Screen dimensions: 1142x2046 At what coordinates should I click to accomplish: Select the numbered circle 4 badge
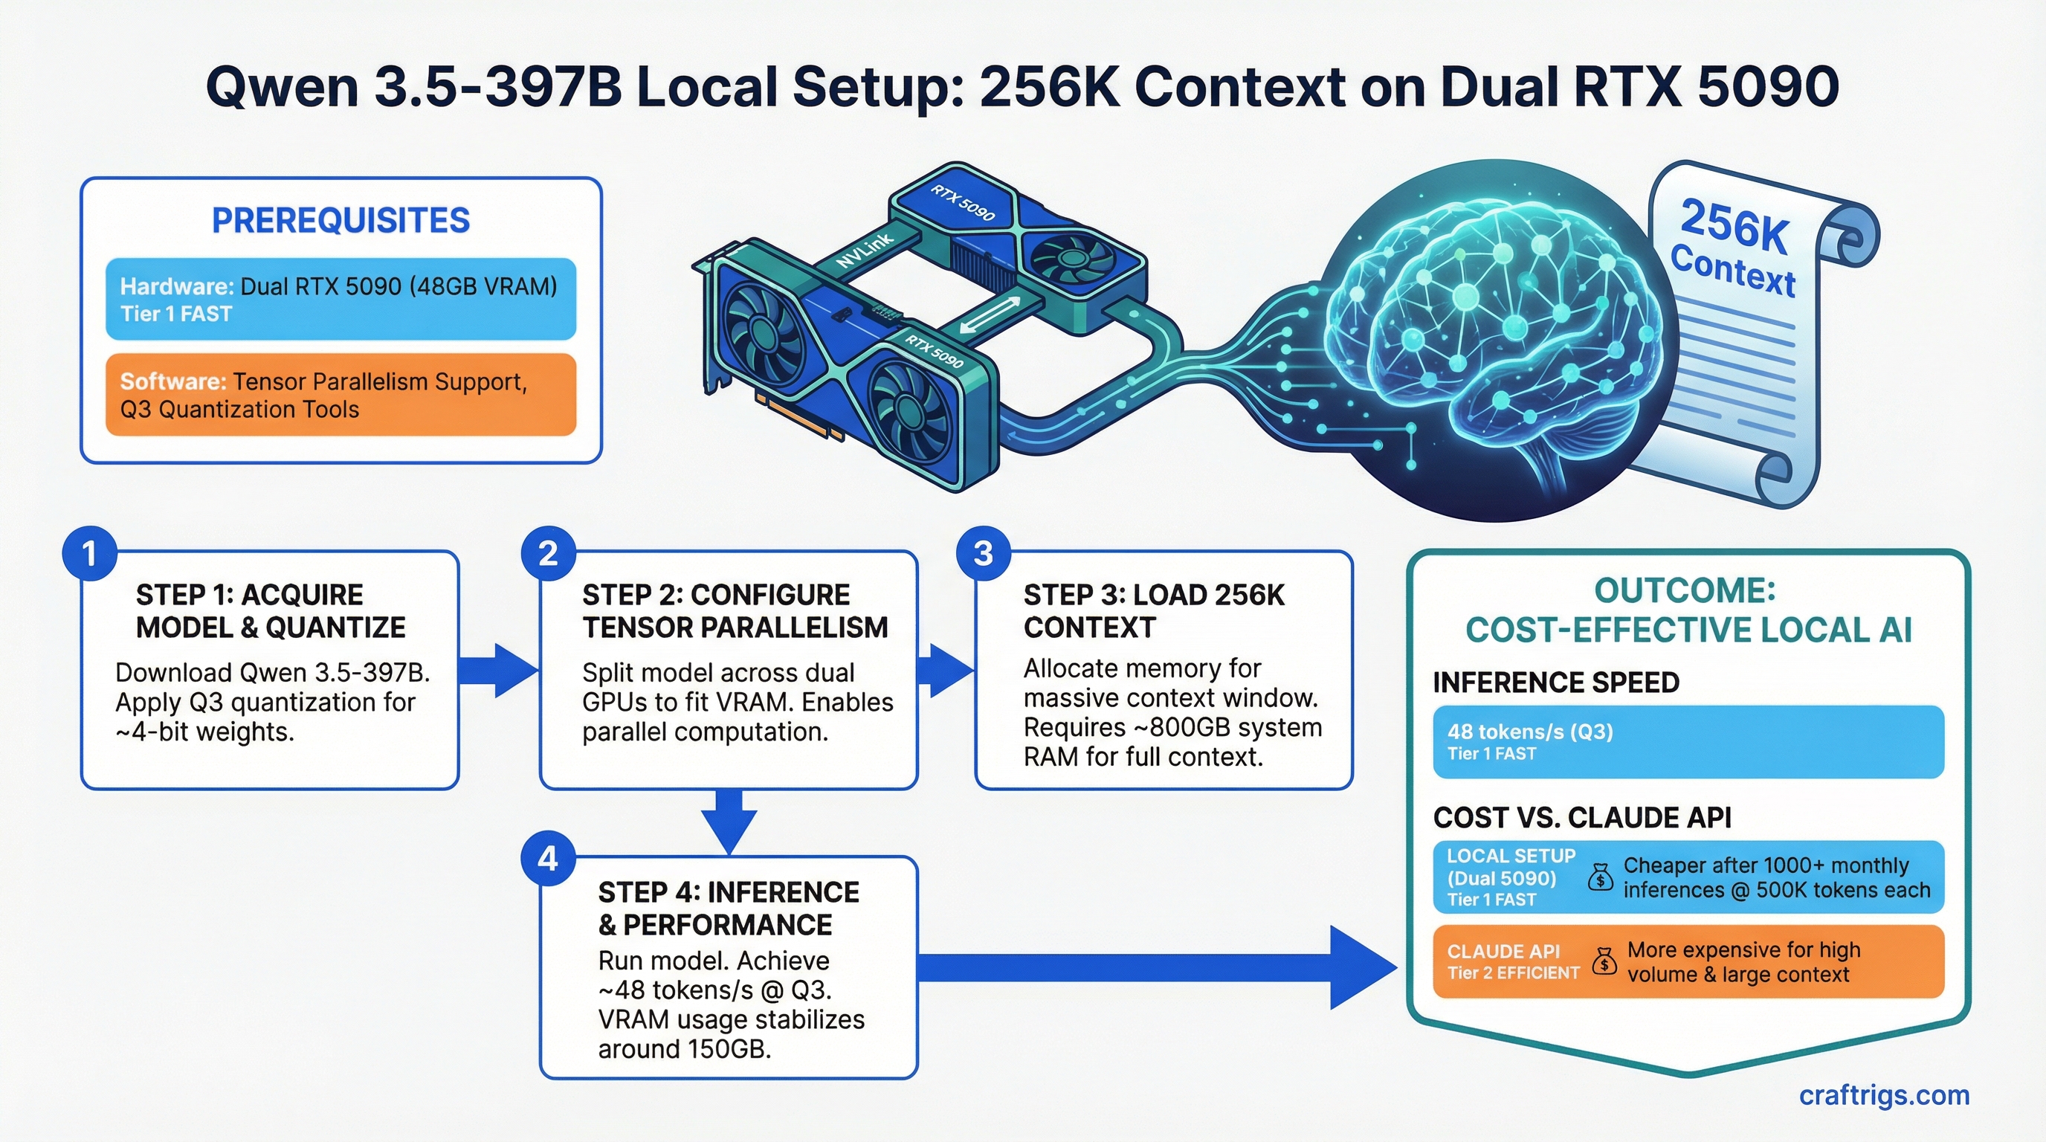(548, 859)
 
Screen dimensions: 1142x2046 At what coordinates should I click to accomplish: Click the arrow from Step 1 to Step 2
(498, 671)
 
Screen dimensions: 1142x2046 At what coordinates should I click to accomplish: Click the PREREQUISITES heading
(341, 220)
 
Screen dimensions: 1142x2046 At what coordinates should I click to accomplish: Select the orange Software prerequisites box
(341, 395)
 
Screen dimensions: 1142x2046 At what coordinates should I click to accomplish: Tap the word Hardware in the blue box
(175, 287)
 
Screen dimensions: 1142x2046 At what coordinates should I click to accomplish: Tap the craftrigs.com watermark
(1884, 1095)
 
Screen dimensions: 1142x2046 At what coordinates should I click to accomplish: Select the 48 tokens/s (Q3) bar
(1688, 741)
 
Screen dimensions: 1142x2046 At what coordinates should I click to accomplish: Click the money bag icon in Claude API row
(1604, 962)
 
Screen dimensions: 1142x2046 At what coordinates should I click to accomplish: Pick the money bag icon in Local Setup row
(1600, 877)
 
